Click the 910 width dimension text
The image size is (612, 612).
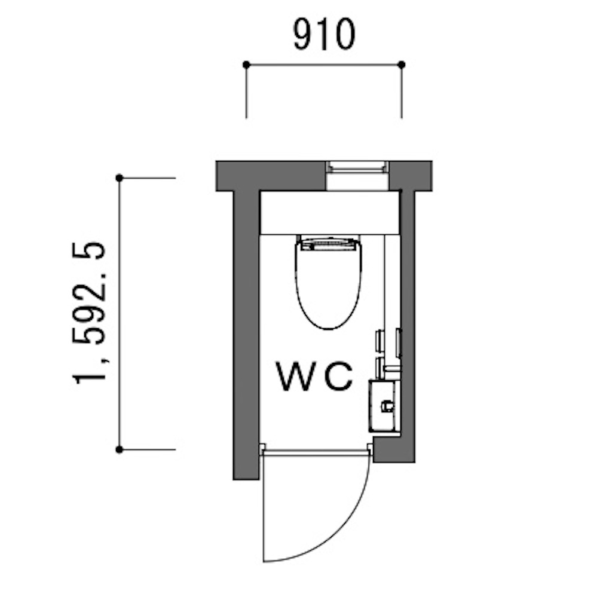click(325, 35)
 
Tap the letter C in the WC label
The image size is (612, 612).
click(338, 377)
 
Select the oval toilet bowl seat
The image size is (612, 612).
click(328, 285)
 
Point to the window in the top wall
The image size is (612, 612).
click(357, 176)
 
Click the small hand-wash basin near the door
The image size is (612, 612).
click(384, 406)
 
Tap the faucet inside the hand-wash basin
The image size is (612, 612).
click(387, 406)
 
